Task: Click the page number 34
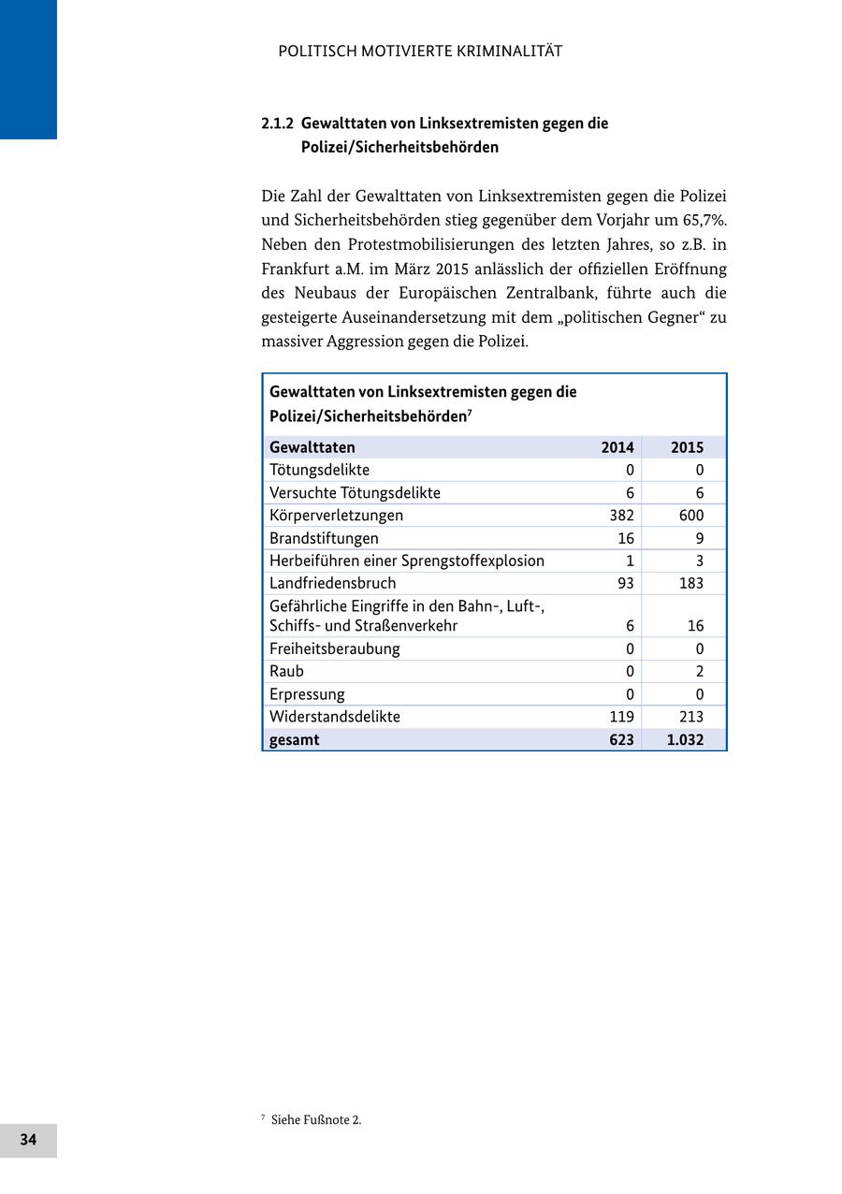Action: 28,1140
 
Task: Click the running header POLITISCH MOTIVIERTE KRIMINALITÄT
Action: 420,51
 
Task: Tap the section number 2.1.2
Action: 277,124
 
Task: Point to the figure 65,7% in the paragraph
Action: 704,221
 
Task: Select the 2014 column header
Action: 617,447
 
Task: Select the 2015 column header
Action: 687,447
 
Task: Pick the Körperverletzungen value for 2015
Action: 691,516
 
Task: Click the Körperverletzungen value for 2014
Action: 621,516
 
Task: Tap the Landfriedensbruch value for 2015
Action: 691,584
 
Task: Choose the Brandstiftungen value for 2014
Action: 626,538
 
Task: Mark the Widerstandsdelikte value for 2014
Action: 621,717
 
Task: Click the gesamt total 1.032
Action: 686,740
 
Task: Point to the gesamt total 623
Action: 620,740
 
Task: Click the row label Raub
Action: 286,672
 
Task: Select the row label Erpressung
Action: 307,694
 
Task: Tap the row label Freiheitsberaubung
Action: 334,648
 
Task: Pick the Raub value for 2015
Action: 699,672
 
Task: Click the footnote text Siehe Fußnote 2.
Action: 316,1120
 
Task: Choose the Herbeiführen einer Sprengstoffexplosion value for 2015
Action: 699,561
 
